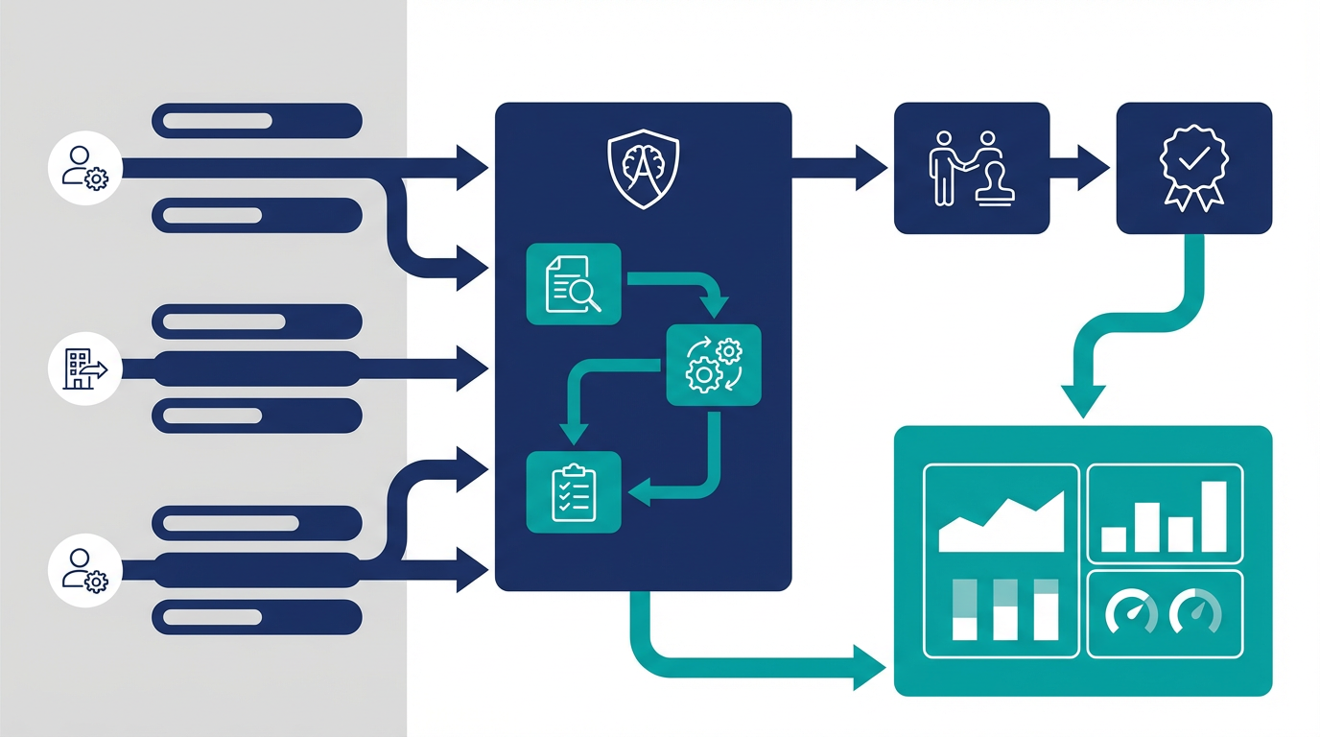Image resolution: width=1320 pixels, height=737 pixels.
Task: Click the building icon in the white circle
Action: pyautogui.click(x=84, y=368)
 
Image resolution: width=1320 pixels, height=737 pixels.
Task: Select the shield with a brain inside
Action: pyautogui.click(x=643, y=170)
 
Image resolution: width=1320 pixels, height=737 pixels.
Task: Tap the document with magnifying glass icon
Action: pyautogui.click(x=574, y=284)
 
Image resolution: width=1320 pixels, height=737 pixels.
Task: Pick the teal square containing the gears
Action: pyautogui.click(x=713, y=365)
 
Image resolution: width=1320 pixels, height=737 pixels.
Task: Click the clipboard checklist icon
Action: pyautogui.click(x=574, y=492)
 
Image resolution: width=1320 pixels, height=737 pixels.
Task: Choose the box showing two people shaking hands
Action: pyautogui.click(x=972, y=168)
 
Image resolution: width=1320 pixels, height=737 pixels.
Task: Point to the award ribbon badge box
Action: pyautogui.click(x=1193, y=168)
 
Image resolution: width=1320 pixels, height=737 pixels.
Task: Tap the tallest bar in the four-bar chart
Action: pyautogui.click(x=1214, y=516)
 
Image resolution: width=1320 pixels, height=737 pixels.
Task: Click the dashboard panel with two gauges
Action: pyautogui.click(x=1165, y=613)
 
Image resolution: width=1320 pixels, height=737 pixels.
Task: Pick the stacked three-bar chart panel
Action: pyautogui.click(x=1001, y=613)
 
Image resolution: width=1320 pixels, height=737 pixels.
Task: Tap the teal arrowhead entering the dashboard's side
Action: pyautogui.click(x=868, y=667)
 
